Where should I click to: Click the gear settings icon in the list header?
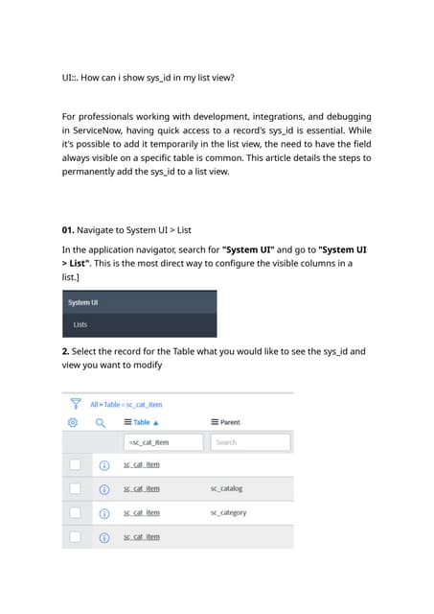click(x=73, y=421)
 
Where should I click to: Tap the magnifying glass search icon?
click(x=99, y=421)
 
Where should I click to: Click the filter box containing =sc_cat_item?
click(x=163, y=442)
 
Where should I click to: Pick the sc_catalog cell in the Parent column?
click(x=227, y=488)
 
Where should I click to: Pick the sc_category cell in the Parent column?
click(x=228, y=512)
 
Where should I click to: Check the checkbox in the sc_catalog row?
click(x=75, y=489)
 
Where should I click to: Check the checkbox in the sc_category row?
click(x=75, y=513)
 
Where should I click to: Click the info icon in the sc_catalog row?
click(x=104, y=489)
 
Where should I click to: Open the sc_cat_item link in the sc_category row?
click(x=142, y=513)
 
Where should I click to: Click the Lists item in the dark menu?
click(x=80, y=325)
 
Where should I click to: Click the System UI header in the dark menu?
click(x=83, y=302)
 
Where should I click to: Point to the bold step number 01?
click(x=68, y=230)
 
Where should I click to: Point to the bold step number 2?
click(x=65, y=351)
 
